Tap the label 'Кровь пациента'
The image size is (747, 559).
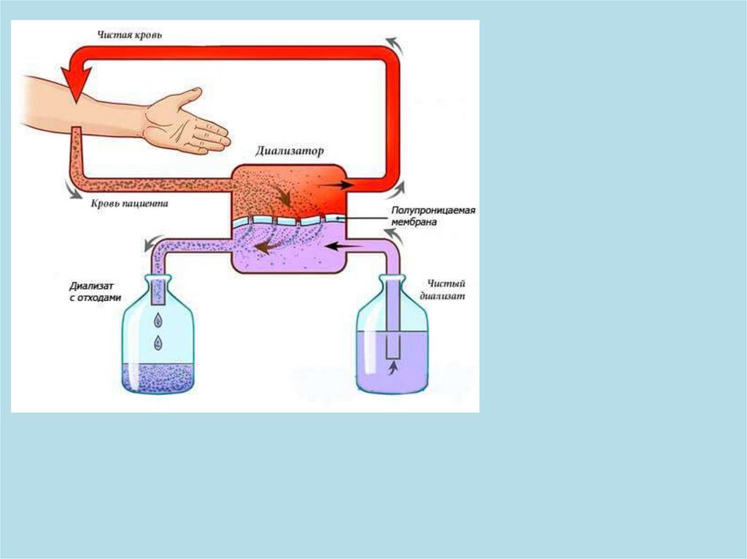[x=130, y=204]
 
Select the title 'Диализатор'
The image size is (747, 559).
[x=290, y=152]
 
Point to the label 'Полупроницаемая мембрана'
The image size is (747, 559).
[x=433, y=216]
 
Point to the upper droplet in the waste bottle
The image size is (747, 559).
[x=158, y=318]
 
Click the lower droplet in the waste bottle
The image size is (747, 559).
[x=158, y=342]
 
